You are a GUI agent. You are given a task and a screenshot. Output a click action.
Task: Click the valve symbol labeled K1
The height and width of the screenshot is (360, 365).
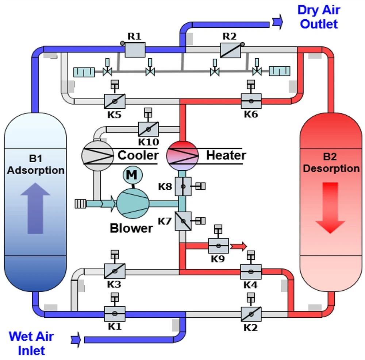[115, 313]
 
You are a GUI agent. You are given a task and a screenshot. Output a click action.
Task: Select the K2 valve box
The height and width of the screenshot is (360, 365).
[251, 313]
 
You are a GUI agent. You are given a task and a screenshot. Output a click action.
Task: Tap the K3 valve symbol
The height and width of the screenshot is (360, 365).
[115, 271]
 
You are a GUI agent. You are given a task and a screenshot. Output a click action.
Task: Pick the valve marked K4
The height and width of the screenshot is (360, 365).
[251, 271]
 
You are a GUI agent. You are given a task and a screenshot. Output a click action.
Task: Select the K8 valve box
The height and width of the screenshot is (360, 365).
[183, 186]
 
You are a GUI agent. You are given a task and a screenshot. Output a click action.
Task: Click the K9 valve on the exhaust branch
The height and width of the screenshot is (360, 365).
[218, 246]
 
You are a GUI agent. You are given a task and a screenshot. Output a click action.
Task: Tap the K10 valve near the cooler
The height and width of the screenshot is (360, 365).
[148, 129]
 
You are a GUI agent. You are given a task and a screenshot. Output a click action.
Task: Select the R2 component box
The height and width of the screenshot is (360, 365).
[230, 50]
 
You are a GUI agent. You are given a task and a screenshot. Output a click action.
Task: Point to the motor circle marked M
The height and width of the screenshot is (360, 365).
[132, 175]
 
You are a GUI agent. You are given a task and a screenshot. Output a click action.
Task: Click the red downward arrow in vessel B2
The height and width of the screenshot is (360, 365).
[330, 208]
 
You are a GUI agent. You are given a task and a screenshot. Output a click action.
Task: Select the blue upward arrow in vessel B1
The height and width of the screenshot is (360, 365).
[35, 208]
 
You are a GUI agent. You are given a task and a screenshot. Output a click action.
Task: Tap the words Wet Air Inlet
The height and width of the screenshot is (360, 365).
[31, 343]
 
